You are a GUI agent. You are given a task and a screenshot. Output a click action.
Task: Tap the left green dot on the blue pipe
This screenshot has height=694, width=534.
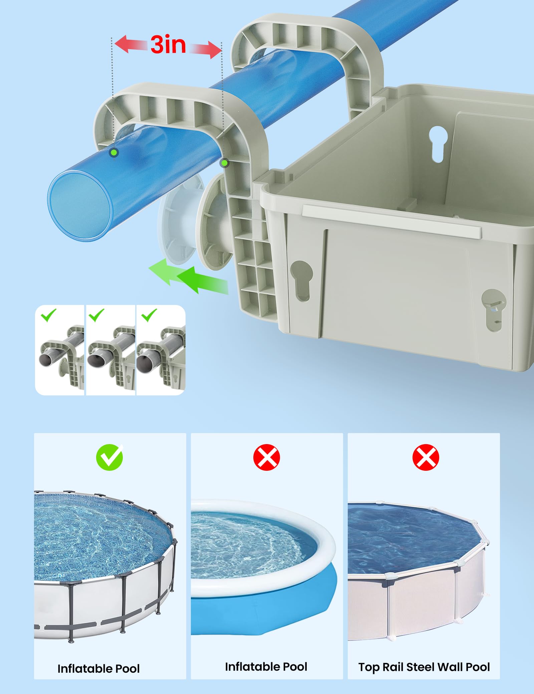point(114,153)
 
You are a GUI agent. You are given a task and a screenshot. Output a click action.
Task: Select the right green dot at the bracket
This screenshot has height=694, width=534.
point(225,163)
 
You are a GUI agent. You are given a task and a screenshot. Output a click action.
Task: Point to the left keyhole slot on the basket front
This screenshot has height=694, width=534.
point(302,281)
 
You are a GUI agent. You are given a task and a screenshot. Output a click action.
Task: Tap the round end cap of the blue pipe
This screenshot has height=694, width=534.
point(80,206)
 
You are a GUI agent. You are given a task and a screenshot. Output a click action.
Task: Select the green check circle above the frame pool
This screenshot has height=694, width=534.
point(109,457)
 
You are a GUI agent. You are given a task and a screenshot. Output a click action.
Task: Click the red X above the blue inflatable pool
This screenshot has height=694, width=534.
point(267,457)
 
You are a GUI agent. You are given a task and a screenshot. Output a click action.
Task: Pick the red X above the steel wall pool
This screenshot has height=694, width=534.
point(426,457)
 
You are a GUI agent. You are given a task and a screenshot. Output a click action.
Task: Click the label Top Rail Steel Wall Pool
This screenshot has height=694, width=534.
point(424,658)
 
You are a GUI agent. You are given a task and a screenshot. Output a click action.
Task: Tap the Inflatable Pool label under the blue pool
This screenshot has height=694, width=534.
point(266,657)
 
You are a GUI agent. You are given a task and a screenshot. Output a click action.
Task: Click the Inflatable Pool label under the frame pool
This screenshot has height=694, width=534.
point(98,659)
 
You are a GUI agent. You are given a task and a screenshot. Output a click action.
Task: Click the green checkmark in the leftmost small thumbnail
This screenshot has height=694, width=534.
point(48,315)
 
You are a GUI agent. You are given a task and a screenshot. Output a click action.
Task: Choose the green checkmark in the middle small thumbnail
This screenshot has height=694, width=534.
point(96,315)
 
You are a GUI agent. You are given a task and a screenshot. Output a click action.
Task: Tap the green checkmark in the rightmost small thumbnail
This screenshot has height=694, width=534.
point(149,315)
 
